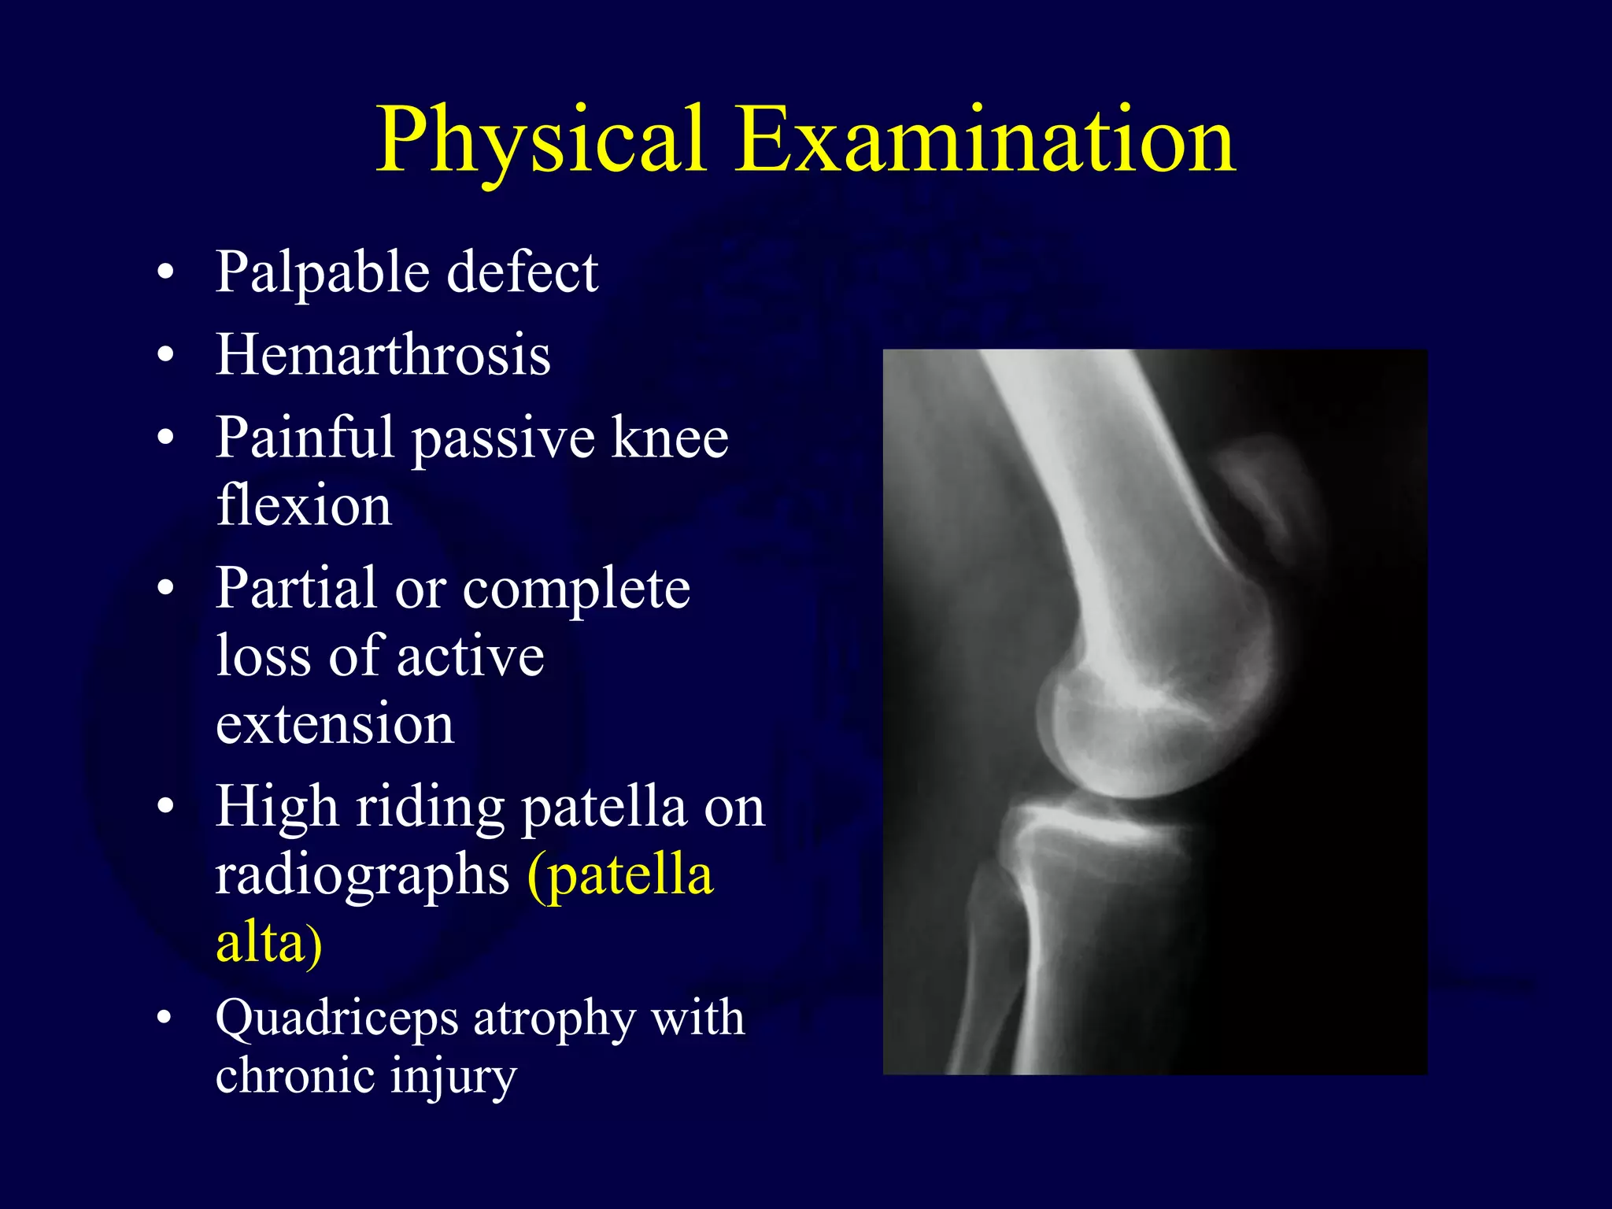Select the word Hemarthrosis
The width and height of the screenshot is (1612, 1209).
383,355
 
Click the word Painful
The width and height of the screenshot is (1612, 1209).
305,438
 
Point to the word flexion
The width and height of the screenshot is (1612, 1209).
303,505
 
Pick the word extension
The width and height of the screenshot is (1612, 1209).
335,723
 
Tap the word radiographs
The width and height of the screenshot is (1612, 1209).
362,875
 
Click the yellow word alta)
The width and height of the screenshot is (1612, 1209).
268,943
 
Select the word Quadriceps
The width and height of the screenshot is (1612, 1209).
336,1019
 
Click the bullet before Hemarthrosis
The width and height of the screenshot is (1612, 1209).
165,355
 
